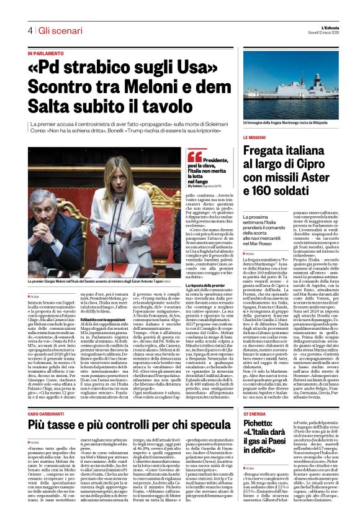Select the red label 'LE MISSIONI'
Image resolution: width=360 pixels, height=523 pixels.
click(254, 137)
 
